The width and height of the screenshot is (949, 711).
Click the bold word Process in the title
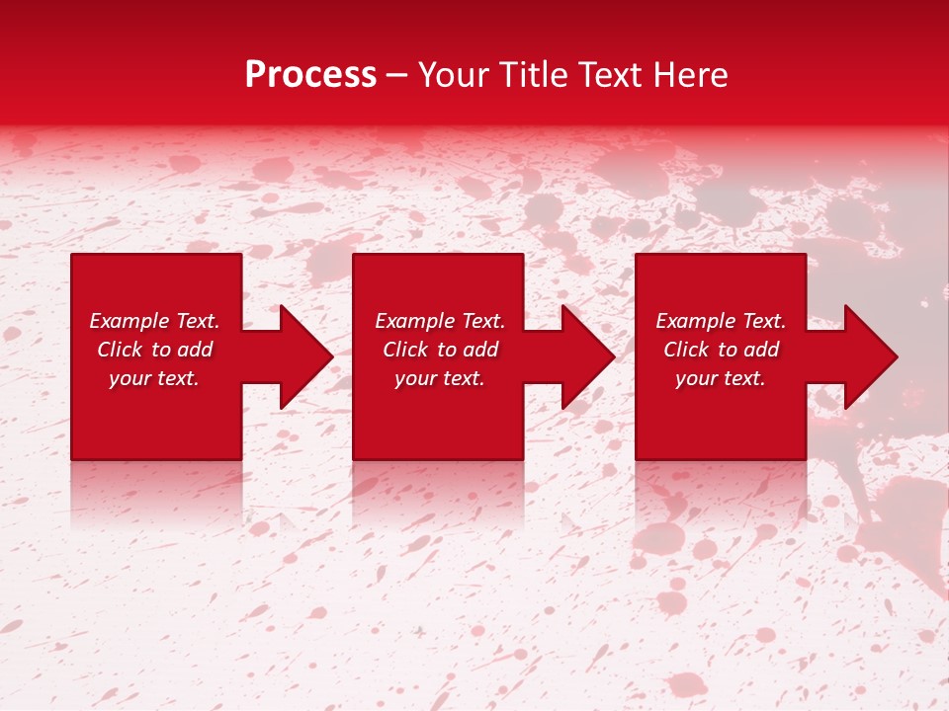point(310,75)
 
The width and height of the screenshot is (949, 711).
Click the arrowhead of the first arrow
point(305,356)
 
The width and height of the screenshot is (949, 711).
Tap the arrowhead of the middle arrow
point(587,356)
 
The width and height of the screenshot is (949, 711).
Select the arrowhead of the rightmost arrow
point(869,356)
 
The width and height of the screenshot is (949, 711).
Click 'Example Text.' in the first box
point(154,321)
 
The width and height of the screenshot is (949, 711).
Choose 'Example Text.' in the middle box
point(440,321)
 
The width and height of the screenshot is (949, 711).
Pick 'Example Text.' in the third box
point(721,321)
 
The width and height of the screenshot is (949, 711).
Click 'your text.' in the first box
point(154,378)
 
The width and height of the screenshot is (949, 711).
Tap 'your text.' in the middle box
point(440,378)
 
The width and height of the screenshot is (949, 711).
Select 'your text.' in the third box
point(721,378)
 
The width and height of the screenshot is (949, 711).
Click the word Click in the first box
point(120,350)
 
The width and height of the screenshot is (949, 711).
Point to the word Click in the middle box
point(405,350)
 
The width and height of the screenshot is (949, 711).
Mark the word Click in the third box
point(686,350)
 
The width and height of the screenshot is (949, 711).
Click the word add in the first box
point(196,350)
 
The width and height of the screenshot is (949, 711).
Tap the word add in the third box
point(762,350)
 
